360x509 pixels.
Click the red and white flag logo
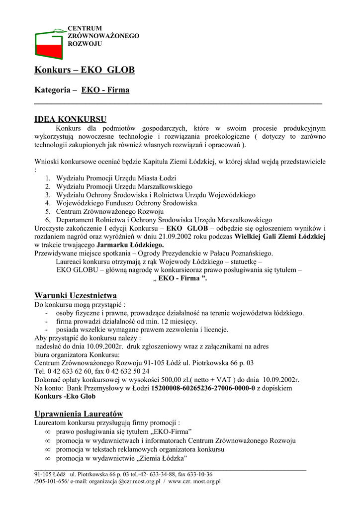click(x=49, y=44)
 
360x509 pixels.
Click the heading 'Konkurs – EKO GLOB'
click(x=85, y=70)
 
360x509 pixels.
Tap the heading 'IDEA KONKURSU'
click(x=70, y=119)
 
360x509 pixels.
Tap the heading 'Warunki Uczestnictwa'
click(x=76, y=295)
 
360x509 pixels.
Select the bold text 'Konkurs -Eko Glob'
click(x=65, y=396)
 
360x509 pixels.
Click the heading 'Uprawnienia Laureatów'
click(x=79, y=414)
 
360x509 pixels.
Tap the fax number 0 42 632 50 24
click(x=127, y=371)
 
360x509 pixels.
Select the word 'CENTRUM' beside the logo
click(x=85, y=29)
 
